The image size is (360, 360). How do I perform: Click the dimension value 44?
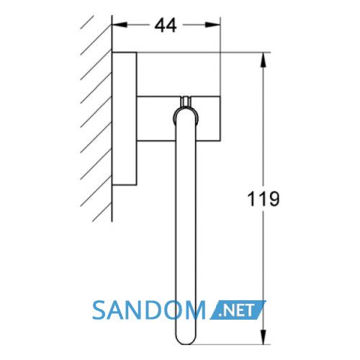coord(166,25)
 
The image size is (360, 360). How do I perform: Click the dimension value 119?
coord(264,199)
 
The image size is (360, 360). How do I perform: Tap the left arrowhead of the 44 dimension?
coord(120,24)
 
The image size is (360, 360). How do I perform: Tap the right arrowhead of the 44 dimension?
coord(212,24)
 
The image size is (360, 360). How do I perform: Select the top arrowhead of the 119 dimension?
coord(264,60)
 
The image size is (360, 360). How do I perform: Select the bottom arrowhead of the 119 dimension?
coord(264,337)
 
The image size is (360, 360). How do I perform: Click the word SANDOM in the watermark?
coord(149,310)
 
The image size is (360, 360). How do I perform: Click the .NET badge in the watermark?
coord(238,310)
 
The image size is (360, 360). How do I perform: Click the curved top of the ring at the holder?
coord(185,110)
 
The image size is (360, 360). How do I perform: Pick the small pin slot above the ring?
coord(185,101)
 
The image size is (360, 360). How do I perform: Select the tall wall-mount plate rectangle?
coord(125,119)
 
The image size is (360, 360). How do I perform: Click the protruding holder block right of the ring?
coord(208,118)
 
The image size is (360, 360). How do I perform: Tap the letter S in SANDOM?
coord(99,310)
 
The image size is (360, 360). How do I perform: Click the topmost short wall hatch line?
coord(87,22)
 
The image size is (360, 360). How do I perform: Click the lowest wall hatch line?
coord(102,212)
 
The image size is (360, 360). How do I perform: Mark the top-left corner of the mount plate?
coord(112,52)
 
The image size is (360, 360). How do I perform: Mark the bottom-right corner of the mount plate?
coord(137,186)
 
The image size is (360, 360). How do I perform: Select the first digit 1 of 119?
coord(251,199)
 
